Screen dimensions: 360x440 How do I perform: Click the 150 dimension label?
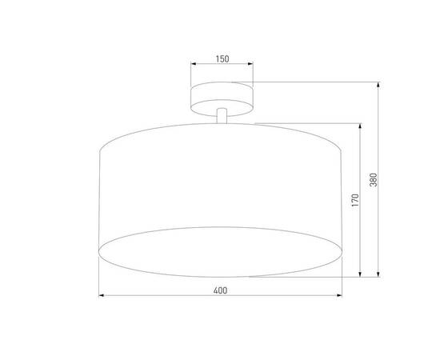[222, 58]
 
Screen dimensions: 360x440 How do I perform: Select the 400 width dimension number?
[222, 290]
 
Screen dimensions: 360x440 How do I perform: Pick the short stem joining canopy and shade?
[222, 117]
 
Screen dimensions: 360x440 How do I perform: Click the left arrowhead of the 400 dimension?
[102, 297]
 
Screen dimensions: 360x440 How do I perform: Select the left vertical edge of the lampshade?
[100, 200]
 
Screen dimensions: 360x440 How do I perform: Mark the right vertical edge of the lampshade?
[343, 200]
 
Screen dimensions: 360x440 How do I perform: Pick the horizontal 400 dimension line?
[160, 297]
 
